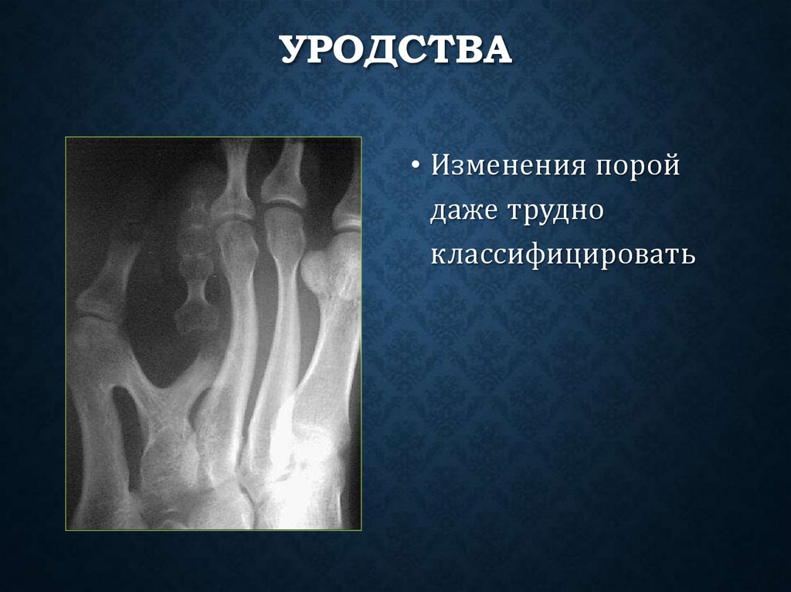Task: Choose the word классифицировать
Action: (563, 253)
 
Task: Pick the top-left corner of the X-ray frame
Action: (66, 137)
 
